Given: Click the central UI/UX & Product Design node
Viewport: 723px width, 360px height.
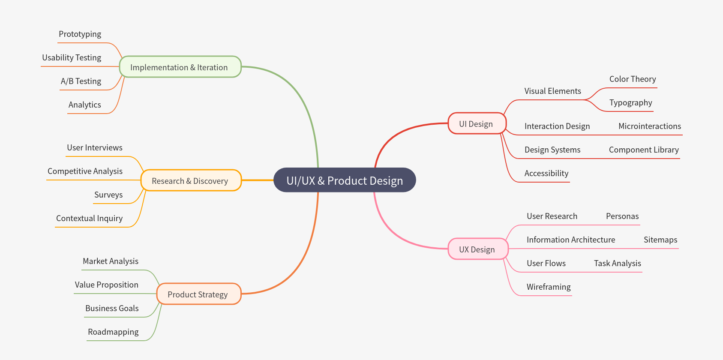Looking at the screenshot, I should point(345,180).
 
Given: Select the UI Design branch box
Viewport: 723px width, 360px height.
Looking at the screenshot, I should point(477,124).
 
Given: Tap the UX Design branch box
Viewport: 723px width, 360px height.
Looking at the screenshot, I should point(477,249).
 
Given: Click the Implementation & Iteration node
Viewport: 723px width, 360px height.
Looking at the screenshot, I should point(180,67).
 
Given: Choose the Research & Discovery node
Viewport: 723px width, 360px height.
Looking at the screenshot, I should point(190,181).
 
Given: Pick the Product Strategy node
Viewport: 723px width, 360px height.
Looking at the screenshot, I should point(198,294).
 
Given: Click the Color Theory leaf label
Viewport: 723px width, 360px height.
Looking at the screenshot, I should point(633,79).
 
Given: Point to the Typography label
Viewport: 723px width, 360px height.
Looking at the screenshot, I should point(630,103).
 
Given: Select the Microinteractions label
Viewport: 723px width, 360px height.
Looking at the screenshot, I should point(649,126).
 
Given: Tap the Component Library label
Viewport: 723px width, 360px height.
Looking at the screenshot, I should point(644,150).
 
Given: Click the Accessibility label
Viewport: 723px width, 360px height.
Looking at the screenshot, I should point(546,174).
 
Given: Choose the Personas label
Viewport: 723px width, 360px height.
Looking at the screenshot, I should point(622,216).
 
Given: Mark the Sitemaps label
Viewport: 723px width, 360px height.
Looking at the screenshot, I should point(660,240).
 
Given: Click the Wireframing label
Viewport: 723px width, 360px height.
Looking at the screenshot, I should point(549,287).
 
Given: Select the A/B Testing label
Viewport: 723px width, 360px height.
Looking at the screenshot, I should point(81,81).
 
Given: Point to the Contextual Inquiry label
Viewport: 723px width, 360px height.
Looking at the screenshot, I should point(89,219).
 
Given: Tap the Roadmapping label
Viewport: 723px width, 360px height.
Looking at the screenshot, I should point(113,332).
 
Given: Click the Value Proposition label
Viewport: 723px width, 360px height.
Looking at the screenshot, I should point(107,285).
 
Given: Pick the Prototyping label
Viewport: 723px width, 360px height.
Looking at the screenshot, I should point(80,34).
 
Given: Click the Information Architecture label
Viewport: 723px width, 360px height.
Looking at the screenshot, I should point(571,240).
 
